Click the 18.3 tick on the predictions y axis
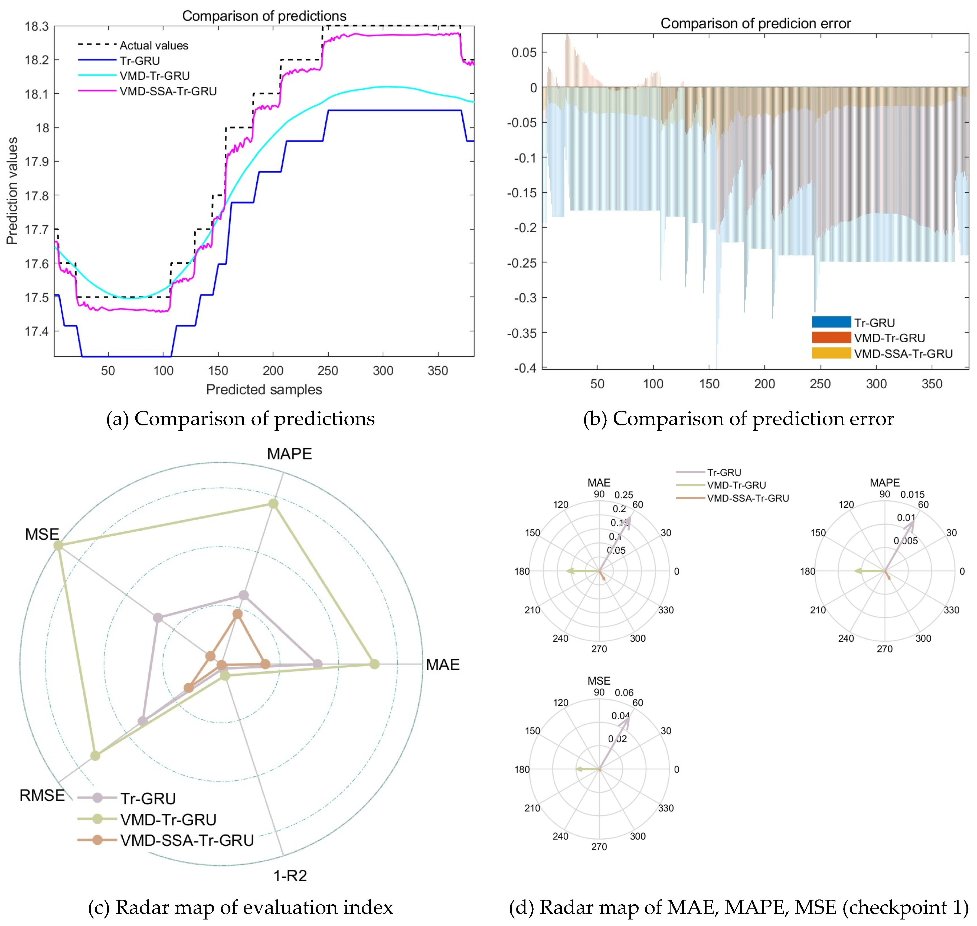coord(37,26)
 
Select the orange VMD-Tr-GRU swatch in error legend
coord(831,338)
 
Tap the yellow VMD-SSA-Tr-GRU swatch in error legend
coord(831,353)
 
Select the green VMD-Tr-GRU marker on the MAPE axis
coord(273,504)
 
